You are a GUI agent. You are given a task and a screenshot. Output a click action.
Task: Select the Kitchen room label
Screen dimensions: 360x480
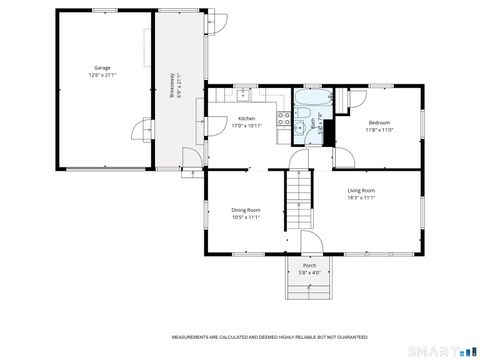coord(246,119)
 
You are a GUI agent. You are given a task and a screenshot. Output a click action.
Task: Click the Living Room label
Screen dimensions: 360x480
coord(361,190)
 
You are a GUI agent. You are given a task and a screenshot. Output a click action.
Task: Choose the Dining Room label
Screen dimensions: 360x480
coord(246,209)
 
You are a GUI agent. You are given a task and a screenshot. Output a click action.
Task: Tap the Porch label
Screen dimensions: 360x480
coord(309,265)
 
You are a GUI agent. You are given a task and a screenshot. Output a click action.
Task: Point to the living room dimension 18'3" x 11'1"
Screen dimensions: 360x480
coord(361,197)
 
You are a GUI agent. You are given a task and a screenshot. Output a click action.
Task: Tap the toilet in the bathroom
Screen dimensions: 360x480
coord(326,136)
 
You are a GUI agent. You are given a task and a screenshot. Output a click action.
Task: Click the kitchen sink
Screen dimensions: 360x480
coord(243,97)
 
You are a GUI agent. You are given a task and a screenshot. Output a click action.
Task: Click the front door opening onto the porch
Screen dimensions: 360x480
coord(309,245)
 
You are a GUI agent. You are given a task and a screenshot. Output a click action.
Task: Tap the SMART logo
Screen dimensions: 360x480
coord(444,350)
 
